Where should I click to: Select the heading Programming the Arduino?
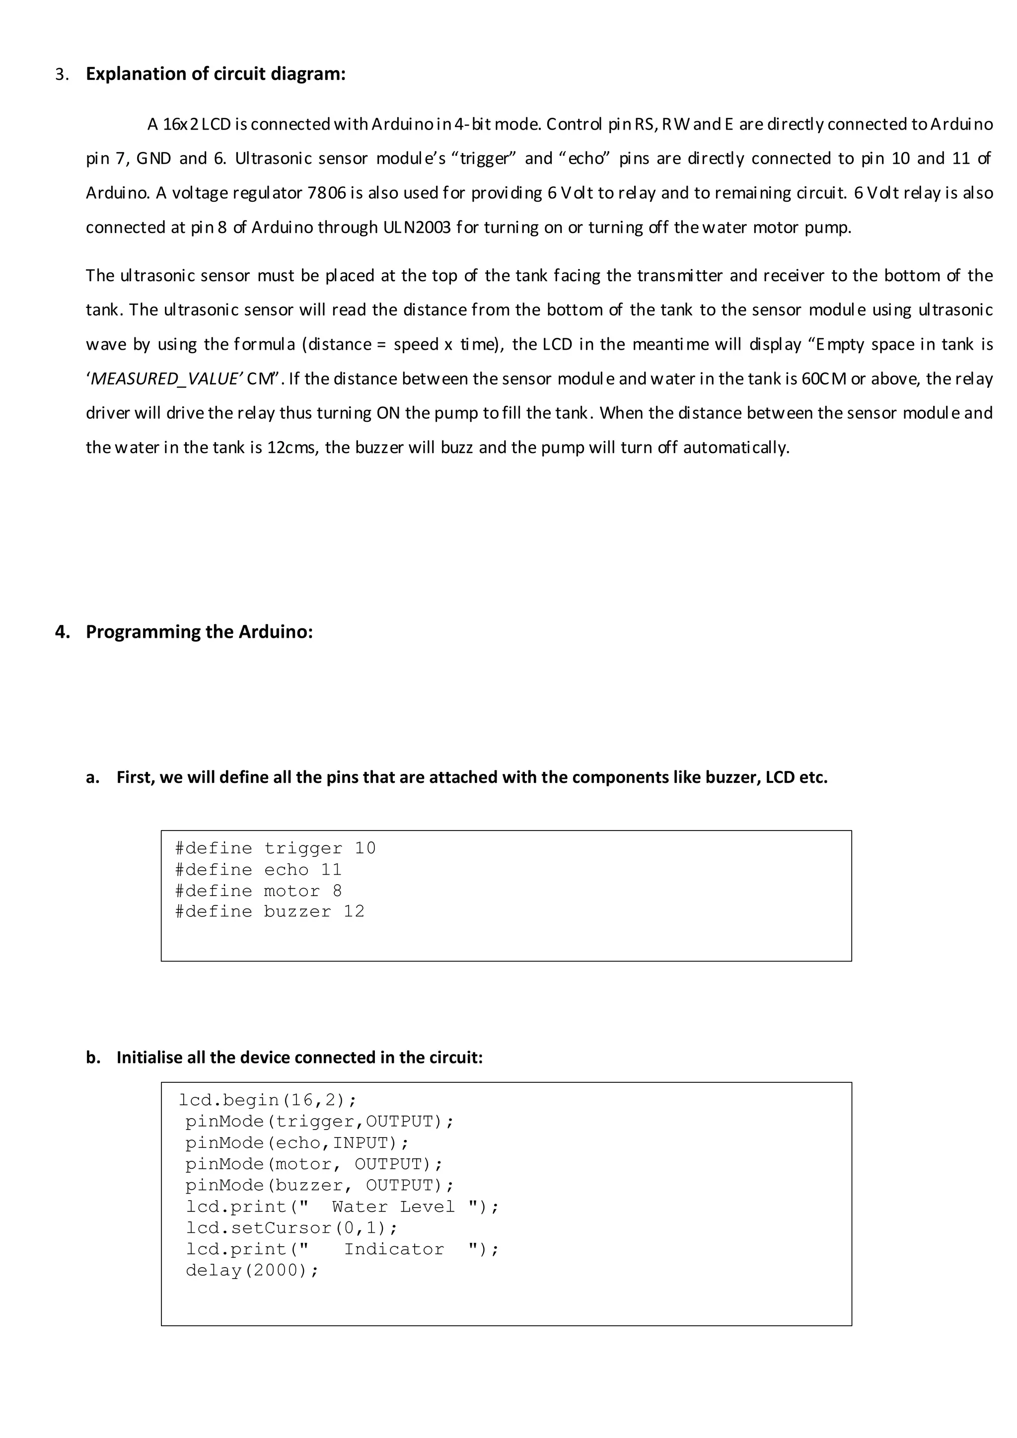click(199, 632)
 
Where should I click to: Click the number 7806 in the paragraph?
click(327, 193)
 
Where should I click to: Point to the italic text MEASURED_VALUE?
click(166, 379)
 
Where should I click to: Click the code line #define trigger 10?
click(275, 849)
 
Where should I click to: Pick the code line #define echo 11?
click(258, 870)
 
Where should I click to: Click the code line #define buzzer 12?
click(269, 912)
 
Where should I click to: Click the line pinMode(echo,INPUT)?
click(297, 1143)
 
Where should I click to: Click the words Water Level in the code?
click(393, 1207)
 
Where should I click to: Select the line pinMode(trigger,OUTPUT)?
click(319, 1122)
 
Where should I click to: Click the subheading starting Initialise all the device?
click(299, 1058)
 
